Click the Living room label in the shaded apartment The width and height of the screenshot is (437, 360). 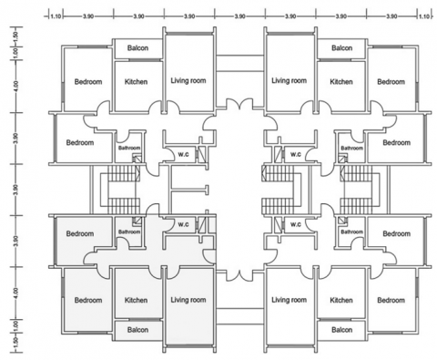pyautogui.click(x=188, y=300)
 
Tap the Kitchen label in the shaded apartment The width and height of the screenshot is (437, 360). pyautogui.click(x=136, y=300)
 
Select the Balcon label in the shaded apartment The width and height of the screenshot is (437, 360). pyautogui.click(x=137, y=330)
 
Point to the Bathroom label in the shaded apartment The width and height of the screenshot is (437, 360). pyautogui.click(x=129, y=231)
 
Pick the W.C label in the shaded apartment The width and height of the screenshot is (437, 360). pyautogui.click(x=183, y=224)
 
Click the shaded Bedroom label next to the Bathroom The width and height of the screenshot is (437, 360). pyautogui.click(x=80, y=233)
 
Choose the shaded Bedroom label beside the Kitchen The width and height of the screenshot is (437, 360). pyautogui.click(x=88, y=300)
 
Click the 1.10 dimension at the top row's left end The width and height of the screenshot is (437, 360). pyautogui.click(x=56, y=16)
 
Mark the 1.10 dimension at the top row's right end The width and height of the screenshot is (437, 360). pyautogui.click(x=424, y=16)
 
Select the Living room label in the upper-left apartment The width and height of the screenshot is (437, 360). pyautogui.click(x=188, y=80)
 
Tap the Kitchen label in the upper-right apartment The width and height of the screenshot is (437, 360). pyautogui.click(x=341, y=82)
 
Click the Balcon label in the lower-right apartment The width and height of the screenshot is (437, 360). pyautogui.click(x=342, y=330)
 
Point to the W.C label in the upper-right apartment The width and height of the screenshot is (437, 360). pyautogui.click(x=296, y=154)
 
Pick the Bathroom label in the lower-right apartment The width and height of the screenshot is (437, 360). pyautogui.click(x=352, y=231)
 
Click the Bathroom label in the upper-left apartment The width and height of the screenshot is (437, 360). pyautogui.click(x=129, y=148)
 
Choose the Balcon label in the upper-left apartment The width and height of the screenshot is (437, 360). pyautogui.click(x=137, y=48)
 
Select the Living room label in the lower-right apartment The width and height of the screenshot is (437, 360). pyautogui.click(x=289, y=300)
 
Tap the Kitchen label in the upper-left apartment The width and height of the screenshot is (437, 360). pyautogui.click(x=136, y=82)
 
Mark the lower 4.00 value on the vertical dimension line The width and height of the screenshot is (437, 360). pyautogui.click(x=16, y=293)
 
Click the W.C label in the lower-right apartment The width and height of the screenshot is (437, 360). pyautogui.click(x=296, y=224)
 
